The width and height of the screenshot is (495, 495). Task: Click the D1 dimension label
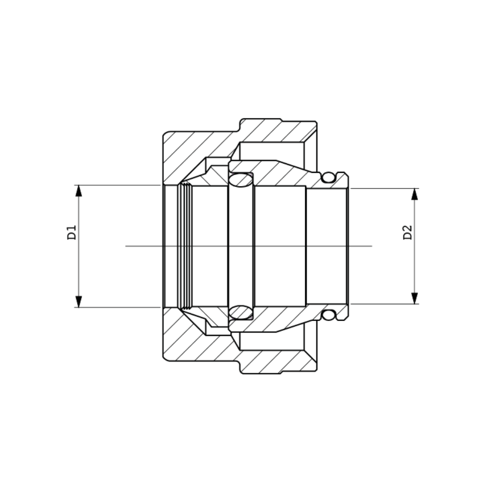(71, 232)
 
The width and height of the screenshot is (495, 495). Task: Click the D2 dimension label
(407, 232)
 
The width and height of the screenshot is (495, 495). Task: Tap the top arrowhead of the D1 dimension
(78, 191)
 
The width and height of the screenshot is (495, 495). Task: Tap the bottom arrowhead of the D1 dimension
(78, 301)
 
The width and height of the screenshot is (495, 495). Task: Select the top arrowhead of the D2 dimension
(415, 194)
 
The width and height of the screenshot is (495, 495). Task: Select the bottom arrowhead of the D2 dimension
(415, 298)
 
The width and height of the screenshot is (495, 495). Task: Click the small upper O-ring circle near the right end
(328, 177)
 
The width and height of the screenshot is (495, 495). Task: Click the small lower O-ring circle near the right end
(328, 315)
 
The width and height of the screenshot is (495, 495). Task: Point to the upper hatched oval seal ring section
(241, 180)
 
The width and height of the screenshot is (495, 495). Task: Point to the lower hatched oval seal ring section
(241, 313)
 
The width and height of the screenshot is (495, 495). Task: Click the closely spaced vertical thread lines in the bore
(185, 246)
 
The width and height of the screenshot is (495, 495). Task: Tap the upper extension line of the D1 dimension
(119, 185)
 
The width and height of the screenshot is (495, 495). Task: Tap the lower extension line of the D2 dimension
(385, 304)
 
